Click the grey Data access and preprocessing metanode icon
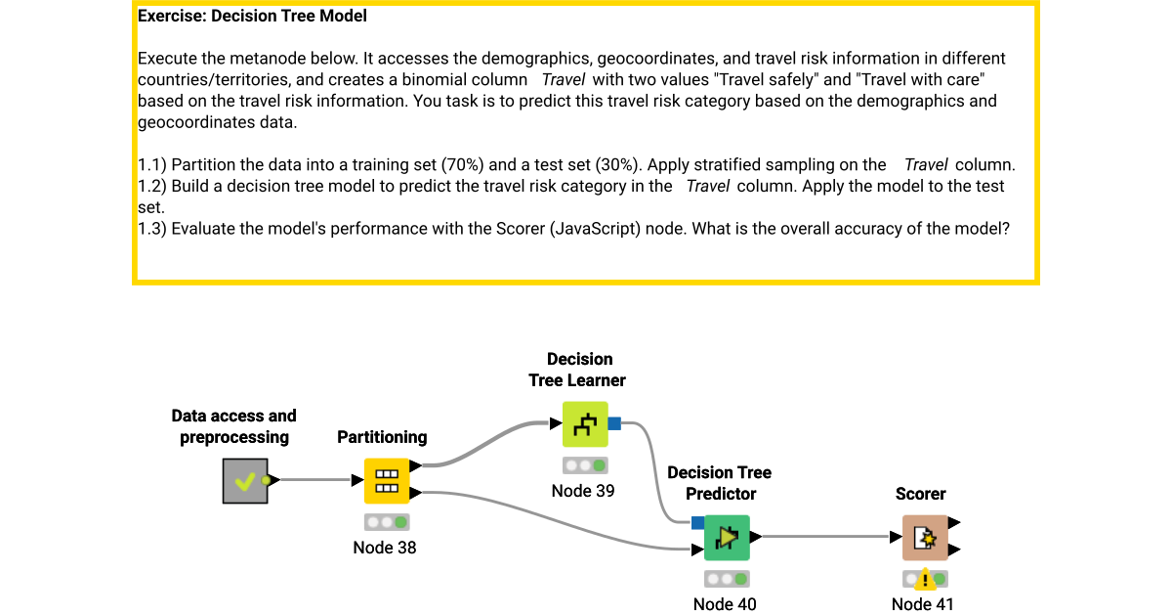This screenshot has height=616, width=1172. click(244, 480)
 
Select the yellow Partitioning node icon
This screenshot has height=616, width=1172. click(387, 480)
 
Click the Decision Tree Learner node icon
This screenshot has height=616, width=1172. click(584, 423)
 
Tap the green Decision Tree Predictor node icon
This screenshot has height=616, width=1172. click(727, 537)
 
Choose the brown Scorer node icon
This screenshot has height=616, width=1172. click(924, 537)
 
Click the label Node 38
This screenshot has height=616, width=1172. click(385, 548)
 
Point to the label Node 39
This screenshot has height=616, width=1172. click(583, 491)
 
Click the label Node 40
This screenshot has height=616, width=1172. click(725, 604)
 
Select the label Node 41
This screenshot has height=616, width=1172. click(923, 604)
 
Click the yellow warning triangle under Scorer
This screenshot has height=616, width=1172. click(924, 580)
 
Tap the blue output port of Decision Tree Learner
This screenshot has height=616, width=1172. click(614, 423)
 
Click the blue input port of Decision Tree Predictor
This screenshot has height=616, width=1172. click(697, 523)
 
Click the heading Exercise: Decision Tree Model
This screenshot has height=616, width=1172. click(253, 17)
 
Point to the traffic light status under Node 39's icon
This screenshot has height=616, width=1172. click(584, 465)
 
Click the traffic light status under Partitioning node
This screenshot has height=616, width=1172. click(387, 522)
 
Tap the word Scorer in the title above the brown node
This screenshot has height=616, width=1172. click(920, 494)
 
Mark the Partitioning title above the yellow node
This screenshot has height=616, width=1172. click(382, 437)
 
